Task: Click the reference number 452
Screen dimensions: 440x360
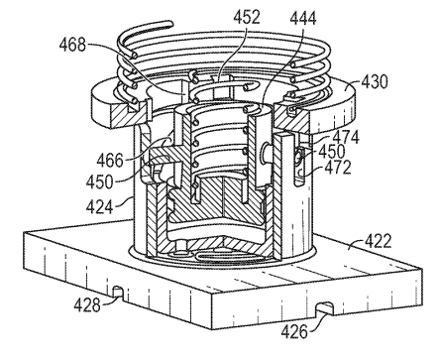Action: point(247,17)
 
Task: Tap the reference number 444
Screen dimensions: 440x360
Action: point(303,19)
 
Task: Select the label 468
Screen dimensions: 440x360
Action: point(72,45)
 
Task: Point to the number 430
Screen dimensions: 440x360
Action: point(375,81)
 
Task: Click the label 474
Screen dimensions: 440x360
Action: point(346,137)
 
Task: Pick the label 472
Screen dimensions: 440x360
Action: point(338,168)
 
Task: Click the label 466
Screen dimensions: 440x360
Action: point(110,161)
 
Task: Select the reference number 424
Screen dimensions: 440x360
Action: point(99,206)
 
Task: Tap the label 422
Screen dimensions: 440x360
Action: point(378,241)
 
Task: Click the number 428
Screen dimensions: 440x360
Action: point(87,304)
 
